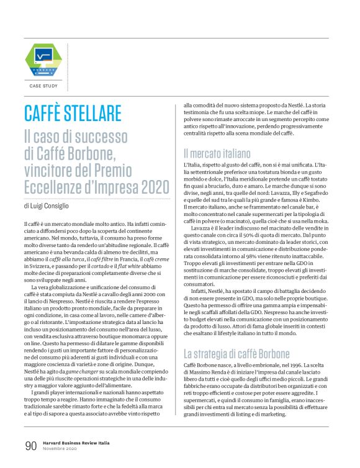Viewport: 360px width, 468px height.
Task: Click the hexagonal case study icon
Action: [x=43, y=58]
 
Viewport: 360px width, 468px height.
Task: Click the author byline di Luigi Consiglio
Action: [x=51, y=188]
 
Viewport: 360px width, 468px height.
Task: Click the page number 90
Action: [x=31, y=446]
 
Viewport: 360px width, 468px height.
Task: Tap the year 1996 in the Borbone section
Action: [x=300, y=368]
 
